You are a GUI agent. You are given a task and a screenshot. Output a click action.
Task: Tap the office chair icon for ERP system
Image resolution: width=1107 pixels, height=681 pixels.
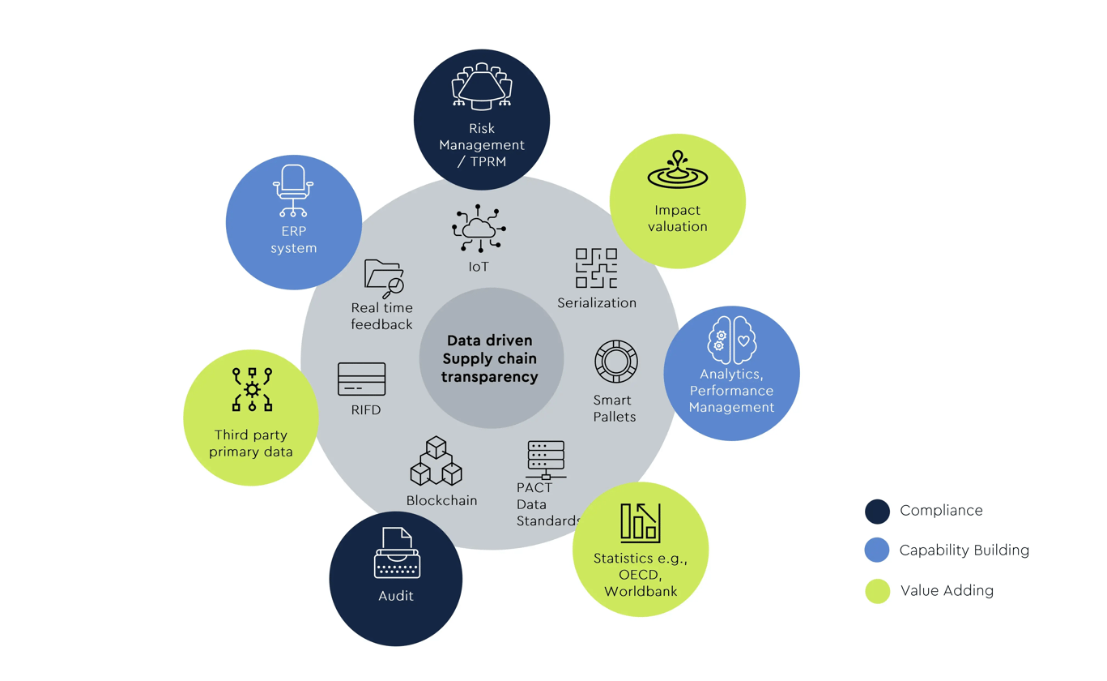[293, 190]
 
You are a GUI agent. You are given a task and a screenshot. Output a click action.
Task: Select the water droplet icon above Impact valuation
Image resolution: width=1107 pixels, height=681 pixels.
[677, 169]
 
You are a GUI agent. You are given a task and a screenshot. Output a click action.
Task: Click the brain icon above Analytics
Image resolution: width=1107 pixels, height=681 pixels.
[732, 337]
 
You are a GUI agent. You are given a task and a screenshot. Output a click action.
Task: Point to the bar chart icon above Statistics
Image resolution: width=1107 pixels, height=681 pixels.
[640, 522]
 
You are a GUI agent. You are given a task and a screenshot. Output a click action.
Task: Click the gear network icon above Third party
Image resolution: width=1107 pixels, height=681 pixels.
[252, 389]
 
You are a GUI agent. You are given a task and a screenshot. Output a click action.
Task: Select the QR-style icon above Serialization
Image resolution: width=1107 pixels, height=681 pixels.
[596, 268]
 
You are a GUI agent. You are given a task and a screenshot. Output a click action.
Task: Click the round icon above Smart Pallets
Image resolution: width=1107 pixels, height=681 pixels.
[615, 362]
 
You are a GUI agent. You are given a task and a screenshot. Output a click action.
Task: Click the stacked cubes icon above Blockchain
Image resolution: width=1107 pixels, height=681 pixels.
[436, 462]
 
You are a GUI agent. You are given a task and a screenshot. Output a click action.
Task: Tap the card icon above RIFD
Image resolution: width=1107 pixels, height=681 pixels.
[361, 379]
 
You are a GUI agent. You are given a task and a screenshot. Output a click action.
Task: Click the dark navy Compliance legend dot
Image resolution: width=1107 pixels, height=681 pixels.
[877, 511]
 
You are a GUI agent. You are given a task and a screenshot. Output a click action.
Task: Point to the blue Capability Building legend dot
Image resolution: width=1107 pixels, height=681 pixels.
[877, 550]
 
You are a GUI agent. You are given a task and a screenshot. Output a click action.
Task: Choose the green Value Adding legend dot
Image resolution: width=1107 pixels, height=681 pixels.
[877, 591]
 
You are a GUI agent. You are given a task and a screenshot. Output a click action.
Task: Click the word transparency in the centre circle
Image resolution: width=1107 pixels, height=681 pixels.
[491, 377]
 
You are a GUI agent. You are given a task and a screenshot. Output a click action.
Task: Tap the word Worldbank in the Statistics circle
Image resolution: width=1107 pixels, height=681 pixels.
[641, 591]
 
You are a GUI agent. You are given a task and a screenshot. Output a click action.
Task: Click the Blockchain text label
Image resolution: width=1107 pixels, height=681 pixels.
[441, 500]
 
